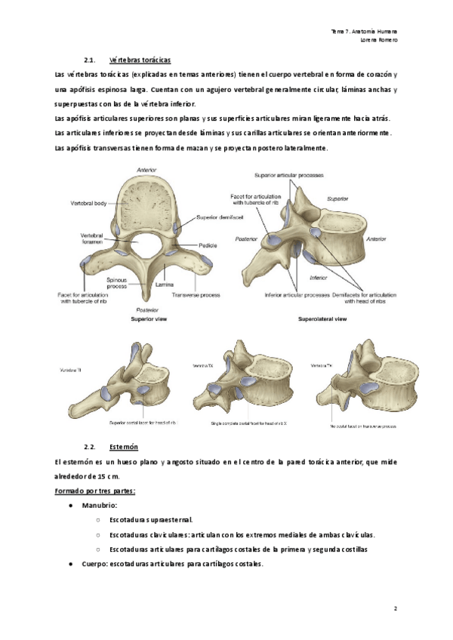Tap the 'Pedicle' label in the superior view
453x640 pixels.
coord(208,245)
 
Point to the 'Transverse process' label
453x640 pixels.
coord(196,294)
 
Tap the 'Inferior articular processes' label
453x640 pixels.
coord(294,294)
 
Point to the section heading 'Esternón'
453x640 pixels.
coord(123,447)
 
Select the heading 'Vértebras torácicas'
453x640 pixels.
coord(140,60)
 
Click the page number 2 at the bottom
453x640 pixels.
coord(396,608)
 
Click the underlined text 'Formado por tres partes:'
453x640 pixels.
coord(94,491)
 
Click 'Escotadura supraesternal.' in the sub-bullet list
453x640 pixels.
coord(151,519)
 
